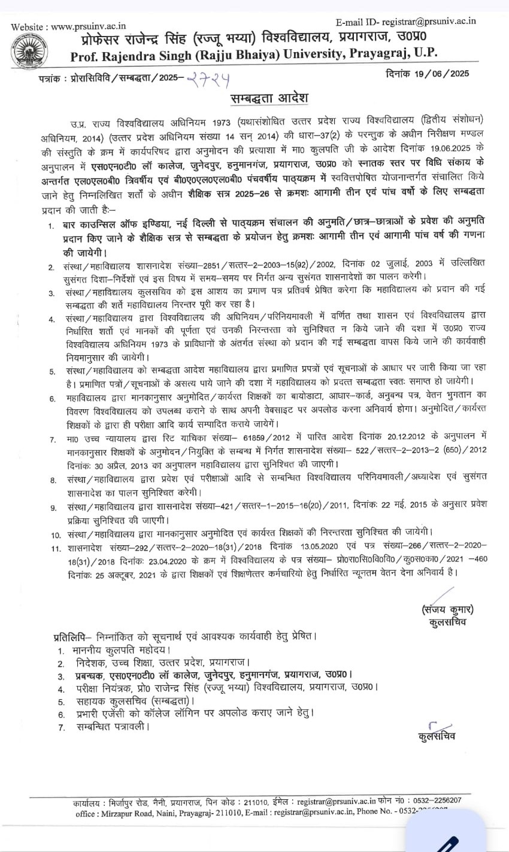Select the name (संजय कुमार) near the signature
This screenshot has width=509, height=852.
pos(447,610)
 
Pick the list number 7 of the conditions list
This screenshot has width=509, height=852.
pos(53,440)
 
